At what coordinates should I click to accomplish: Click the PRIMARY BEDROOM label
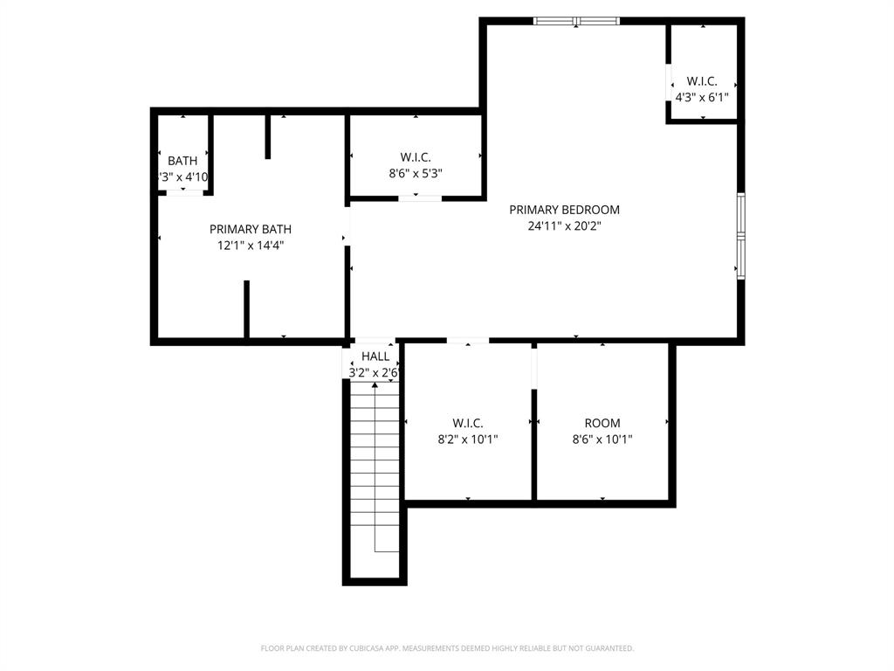[x=564, y=210]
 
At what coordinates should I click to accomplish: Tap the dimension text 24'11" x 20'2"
[x=564, y=225]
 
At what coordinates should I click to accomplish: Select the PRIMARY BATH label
[x=251, y=229]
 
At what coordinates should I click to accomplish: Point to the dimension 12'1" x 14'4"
[x=251, y=246]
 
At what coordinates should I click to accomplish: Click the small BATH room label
[x=182, y=161]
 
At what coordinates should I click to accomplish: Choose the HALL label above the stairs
[x=375, y=356]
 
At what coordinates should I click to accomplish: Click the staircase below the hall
[x=375, y=472]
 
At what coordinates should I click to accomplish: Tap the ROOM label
[x=602, y=424]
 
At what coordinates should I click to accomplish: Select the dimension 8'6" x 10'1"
[x=602, y=439]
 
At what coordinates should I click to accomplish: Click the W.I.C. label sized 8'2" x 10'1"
[x=468, y=424]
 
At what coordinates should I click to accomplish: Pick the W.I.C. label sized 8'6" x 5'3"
[x=416, y=157]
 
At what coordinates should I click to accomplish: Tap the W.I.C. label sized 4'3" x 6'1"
[x=702, y=81]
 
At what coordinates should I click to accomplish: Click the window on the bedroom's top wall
[x=576, y=21]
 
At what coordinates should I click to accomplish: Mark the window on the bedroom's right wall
[x=741, y=236]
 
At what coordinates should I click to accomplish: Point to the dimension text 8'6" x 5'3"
[x=416, y=173]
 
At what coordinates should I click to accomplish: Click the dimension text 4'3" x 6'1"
[x=702, y=98]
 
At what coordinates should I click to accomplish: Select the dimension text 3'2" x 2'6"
[x=375, y=372]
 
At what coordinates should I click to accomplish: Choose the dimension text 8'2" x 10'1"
[x=468, y=439]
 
